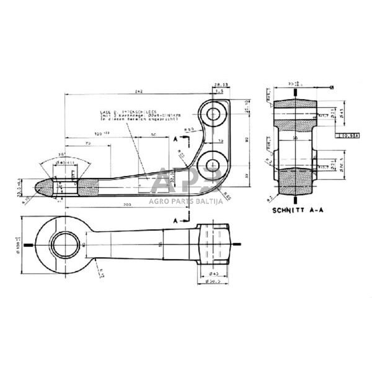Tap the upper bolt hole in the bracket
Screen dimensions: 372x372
coord(214,114)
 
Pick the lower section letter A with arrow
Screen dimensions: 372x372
coord(177,220)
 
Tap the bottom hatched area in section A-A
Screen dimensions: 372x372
coord(295,180)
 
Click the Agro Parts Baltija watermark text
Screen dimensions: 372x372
coord(186,200)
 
